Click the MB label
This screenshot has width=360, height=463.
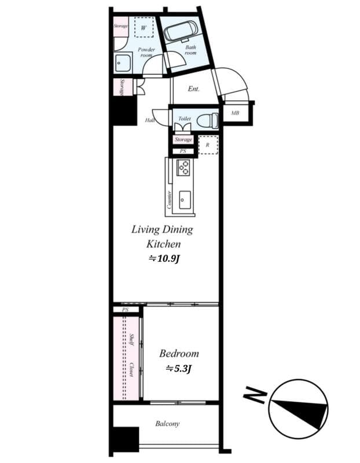click(235, 113)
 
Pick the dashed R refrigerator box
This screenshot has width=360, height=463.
click(207, 145)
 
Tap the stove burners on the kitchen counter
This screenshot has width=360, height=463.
click(184, 168)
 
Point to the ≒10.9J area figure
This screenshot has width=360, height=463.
click(163, 259)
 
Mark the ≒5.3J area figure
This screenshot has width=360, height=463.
click(179, 368)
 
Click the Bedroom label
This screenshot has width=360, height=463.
click(179, 353)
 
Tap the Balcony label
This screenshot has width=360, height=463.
click(167, 424)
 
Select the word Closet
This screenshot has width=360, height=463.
click(133, 370)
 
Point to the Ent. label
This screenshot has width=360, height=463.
click(193, 89)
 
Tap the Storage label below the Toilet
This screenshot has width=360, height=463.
click(183, 140)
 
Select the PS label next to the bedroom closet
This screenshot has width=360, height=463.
click(125, 310)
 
